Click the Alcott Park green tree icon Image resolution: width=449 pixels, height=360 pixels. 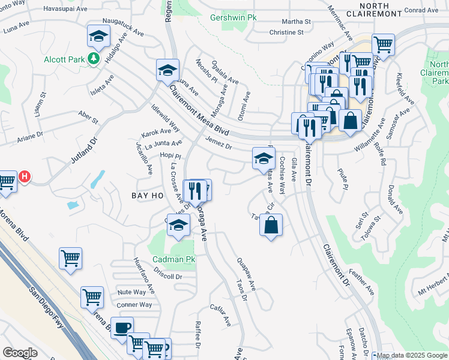tap(93, 59)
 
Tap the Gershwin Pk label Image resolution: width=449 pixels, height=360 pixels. tap(234, 18)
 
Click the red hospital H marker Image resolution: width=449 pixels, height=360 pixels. tap(25, 177)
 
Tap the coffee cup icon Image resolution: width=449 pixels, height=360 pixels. tap(122, 329)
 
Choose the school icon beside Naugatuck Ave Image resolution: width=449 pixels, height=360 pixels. tap(98, 37)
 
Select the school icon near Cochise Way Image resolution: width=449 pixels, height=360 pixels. tap(263, 158)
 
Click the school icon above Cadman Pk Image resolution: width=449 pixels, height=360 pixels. tap(178, 226)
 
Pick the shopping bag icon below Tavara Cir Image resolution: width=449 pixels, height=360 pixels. tap(271, 226)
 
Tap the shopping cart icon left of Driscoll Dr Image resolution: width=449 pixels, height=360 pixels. tap(71, 259)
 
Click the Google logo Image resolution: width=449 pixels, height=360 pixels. tap(19, 352)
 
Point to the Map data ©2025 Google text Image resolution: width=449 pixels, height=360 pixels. tap(411, 355)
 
